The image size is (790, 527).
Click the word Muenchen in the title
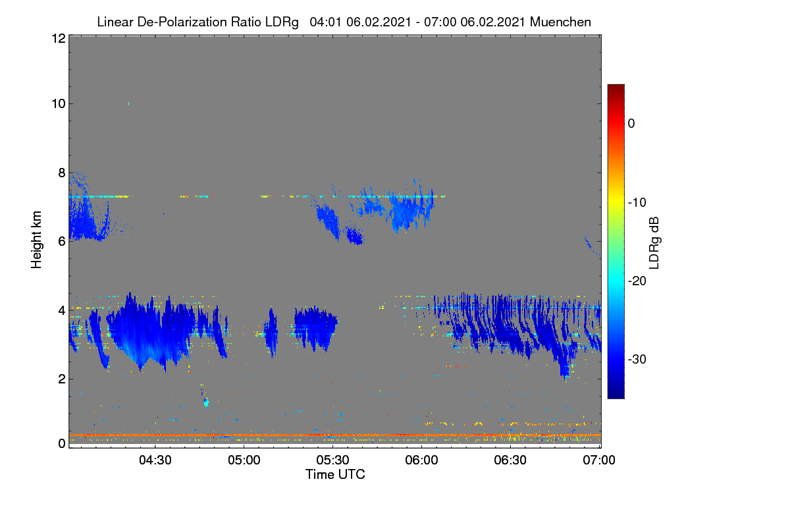(560, 22)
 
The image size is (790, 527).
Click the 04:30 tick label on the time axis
(155, 460)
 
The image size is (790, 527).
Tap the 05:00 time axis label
(244, 460)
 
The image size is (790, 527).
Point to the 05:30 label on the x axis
(332, 460)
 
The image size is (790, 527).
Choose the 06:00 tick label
(421, 460)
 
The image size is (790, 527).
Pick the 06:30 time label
(510, 460)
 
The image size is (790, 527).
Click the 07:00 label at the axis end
(599, 460)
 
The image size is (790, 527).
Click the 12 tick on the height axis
(59, 38)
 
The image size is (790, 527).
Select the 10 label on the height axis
(59, 104)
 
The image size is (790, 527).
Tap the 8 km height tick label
(62, 173)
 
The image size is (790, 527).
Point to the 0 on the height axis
(62, 443)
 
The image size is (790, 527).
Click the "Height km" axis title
(36, 240)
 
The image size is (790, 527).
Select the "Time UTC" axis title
(335, 474)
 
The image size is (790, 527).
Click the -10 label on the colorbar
(637, 203)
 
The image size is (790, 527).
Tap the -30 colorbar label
(637, 359)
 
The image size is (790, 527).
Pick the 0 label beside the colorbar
(631, 124)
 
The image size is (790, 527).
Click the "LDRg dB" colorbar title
(654, 243)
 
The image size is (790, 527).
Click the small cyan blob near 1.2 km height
(206, 402)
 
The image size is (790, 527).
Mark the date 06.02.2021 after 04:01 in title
(379, 22)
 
